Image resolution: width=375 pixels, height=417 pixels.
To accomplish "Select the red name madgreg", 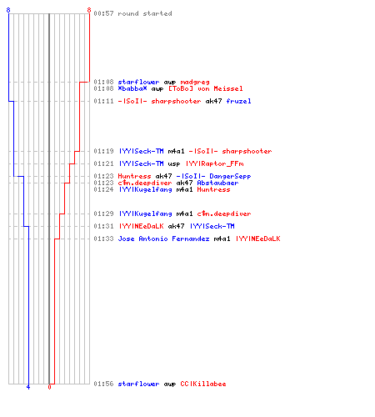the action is click(x=195, y=82).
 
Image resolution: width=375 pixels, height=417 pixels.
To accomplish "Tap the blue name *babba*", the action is click(x=132, y=88).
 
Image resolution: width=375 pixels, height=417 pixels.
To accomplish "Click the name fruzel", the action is click(x=238, y=101).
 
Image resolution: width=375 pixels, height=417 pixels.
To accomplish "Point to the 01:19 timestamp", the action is click(x=103, y=151).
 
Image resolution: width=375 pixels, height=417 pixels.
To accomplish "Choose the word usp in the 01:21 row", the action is click(x=174, y=163).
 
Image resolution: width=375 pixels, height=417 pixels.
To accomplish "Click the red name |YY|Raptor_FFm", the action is click(x=215, y=163).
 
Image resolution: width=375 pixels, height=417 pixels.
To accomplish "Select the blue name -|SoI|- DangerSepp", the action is click(x=213, y=176).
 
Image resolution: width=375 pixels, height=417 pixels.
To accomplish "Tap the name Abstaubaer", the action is click(x=217, y=183).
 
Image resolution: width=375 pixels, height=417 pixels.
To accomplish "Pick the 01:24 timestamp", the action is click(x=103, y=189).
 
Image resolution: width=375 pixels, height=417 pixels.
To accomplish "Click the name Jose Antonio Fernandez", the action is click(x=163, y=239).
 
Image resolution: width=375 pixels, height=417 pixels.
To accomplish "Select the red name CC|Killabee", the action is click(x=203, y=384).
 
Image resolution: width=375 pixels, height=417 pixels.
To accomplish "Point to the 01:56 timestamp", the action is click(x=103, y=384).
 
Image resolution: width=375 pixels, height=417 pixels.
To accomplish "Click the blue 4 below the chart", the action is click(x=28, y=387).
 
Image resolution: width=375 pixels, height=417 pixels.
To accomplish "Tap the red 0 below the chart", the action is click(x=49, y=387).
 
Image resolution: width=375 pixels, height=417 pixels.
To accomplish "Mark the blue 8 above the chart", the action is click(x=8, y=10).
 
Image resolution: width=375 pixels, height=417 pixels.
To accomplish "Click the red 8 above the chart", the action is click(x=89, y=10).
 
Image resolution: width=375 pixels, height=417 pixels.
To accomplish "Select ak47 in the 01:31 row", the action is click(x=176, y=226).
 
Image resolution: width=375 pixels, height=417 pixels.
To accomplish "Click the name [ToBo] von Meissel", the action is click(x=206, y=88).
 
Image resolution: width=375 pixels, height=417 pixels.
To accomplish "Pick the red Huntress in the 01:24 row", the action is click(x=213, y=189).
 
